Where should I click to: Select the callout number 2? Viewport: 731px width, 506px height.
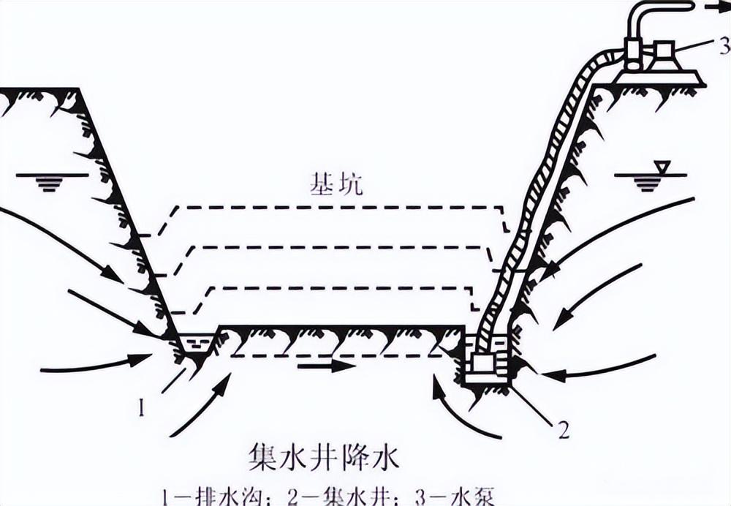pyautogui.click(x=563, y=430)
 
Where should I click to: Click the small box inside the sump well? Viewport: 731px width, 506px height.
pyautogui.click(x=485, y=363)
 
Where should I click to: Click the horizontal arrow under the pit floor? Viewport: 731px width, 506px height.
pyautogui.click(x=326, y=365)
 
